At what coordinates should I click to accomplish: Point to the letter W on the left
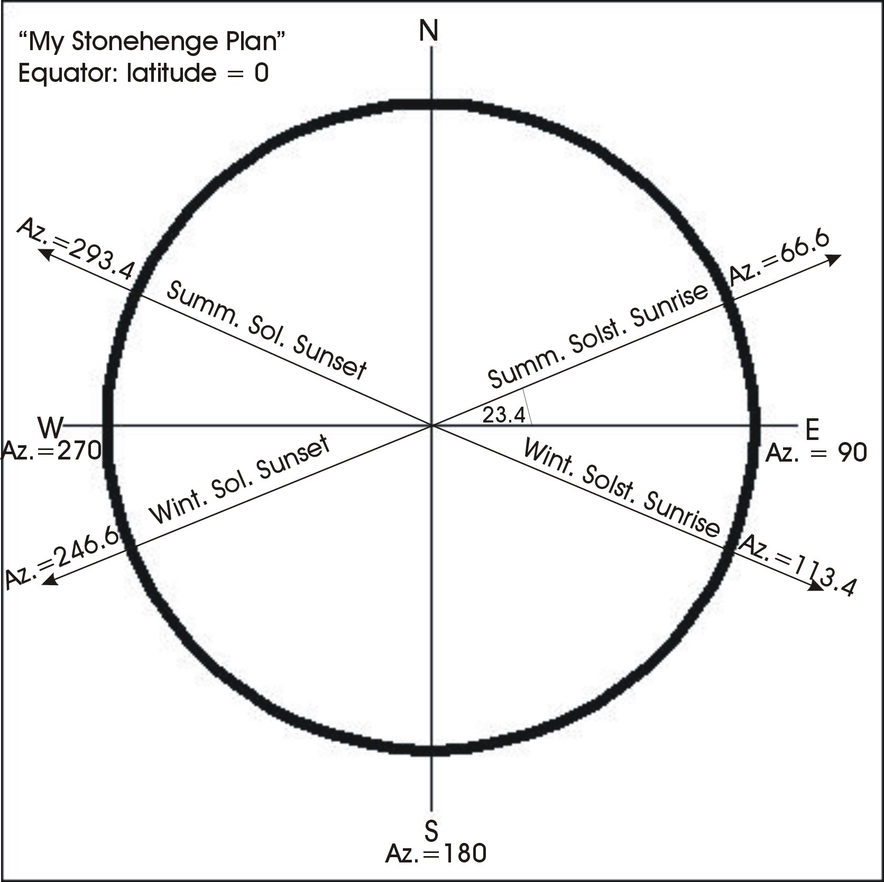click(x=51, y=427)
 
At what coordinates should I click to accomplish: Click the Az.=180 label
click(x=436, y=853)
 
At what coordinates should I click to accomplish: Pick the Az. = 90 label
click(x=816, y=453)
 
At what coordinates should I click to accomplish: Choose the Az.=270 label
click(x=52, y=452)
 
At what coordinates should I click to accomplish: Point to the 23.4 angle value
click(x=503, y=416)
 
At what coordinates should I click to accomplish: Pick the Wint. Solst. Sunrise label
click(x=622, y=487)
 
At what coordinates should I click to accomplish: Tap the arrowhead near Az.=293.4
click(x=45, y=255)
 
